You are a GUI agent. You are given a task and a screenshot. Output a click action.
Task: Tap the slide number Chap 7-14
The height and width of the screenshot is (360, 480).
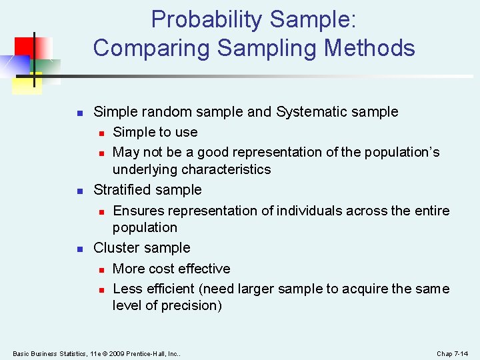coord(453,353)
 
